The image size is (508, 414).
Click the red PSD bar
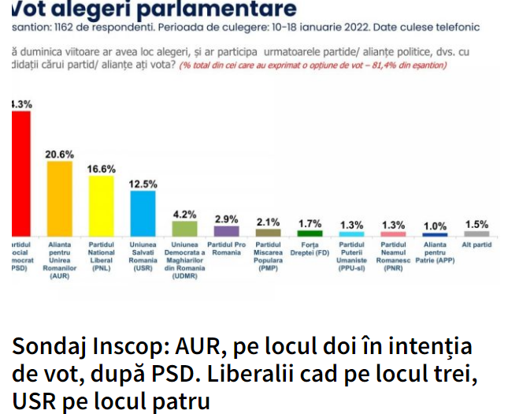click(x=20, y=173)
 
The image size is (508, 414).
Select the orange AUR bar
click(x=60, y=198)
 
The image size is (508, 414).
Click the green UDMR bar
click(x=184, y=229)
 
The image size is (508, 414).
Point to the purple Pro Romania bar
click(x=227, y=231)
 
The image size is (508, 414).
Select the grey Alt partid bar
click(x=477, y=233)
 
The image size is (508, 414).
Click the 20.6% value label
click(x=60, y=154)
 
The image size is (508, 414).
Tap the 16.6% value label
click(x=102, y=169)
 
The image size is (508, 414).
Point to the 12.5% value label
click(x=143, y=184)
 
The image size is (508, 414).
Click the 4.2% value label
click(x=184, y=214)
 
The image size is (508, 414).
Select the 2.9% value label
click(x=227, y=218)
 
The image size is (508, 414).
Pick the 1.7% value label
click(x=310, y=223)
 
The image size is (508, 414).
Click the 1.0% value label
click(x=436, y=226)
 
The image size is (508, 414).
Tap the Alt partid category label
click(x=478, y=245)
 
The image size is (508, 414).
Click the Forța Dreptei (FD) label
click(x=310, y=248)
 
